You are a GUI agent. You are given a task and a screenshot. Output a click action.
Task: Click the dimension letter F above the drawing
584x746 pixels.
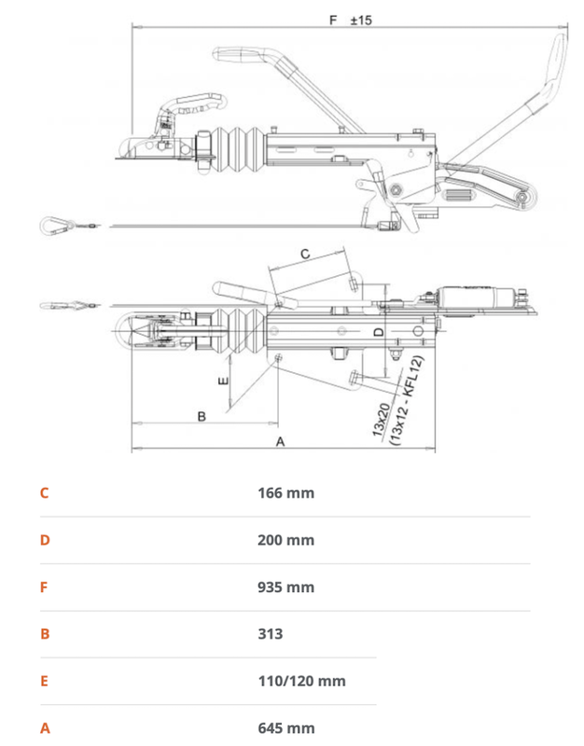tap(334, 19)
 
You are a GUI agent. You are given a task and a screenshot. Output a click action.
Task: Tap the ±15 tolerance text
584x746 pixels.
tap(361, 19)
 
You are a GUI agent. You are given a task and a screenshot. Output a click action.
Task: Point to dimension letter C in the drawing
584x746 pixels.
tap(304, 253)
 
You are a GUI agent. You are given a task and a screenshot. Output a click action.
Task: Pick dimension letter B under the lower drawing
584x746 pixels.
tap(202, 416)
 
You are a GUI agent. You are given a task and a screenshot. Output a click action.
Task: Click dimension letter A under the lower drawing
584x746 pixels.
tap(280, 442)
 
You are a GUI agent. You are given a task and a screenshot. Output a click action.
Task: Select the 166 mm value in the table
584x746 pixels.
tap(285, 492)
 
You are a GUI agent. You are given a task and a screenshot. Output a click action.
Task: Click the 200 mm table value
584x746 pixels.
tap(285, 540)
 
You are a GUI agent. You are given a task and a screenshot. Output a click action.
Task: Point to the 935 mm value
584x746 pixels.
tap(285, 587)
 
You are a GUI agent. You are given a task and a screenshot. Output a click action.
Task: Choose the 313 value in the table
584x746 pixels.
tap(270, 634)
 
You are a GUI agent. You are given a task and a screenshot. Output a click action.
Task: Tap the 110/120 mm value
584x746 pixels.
tap(301, 681)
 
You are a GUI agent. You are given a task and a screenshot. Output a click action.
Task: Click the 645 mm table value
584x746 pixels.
tap(285, 728)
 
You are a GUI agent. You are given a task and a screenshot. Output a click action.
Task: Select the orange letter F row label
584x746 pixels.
tap(44, 587)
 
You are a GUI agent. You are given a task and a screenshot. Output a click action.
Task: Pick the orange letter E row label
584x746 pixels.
tap(44, 681)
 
